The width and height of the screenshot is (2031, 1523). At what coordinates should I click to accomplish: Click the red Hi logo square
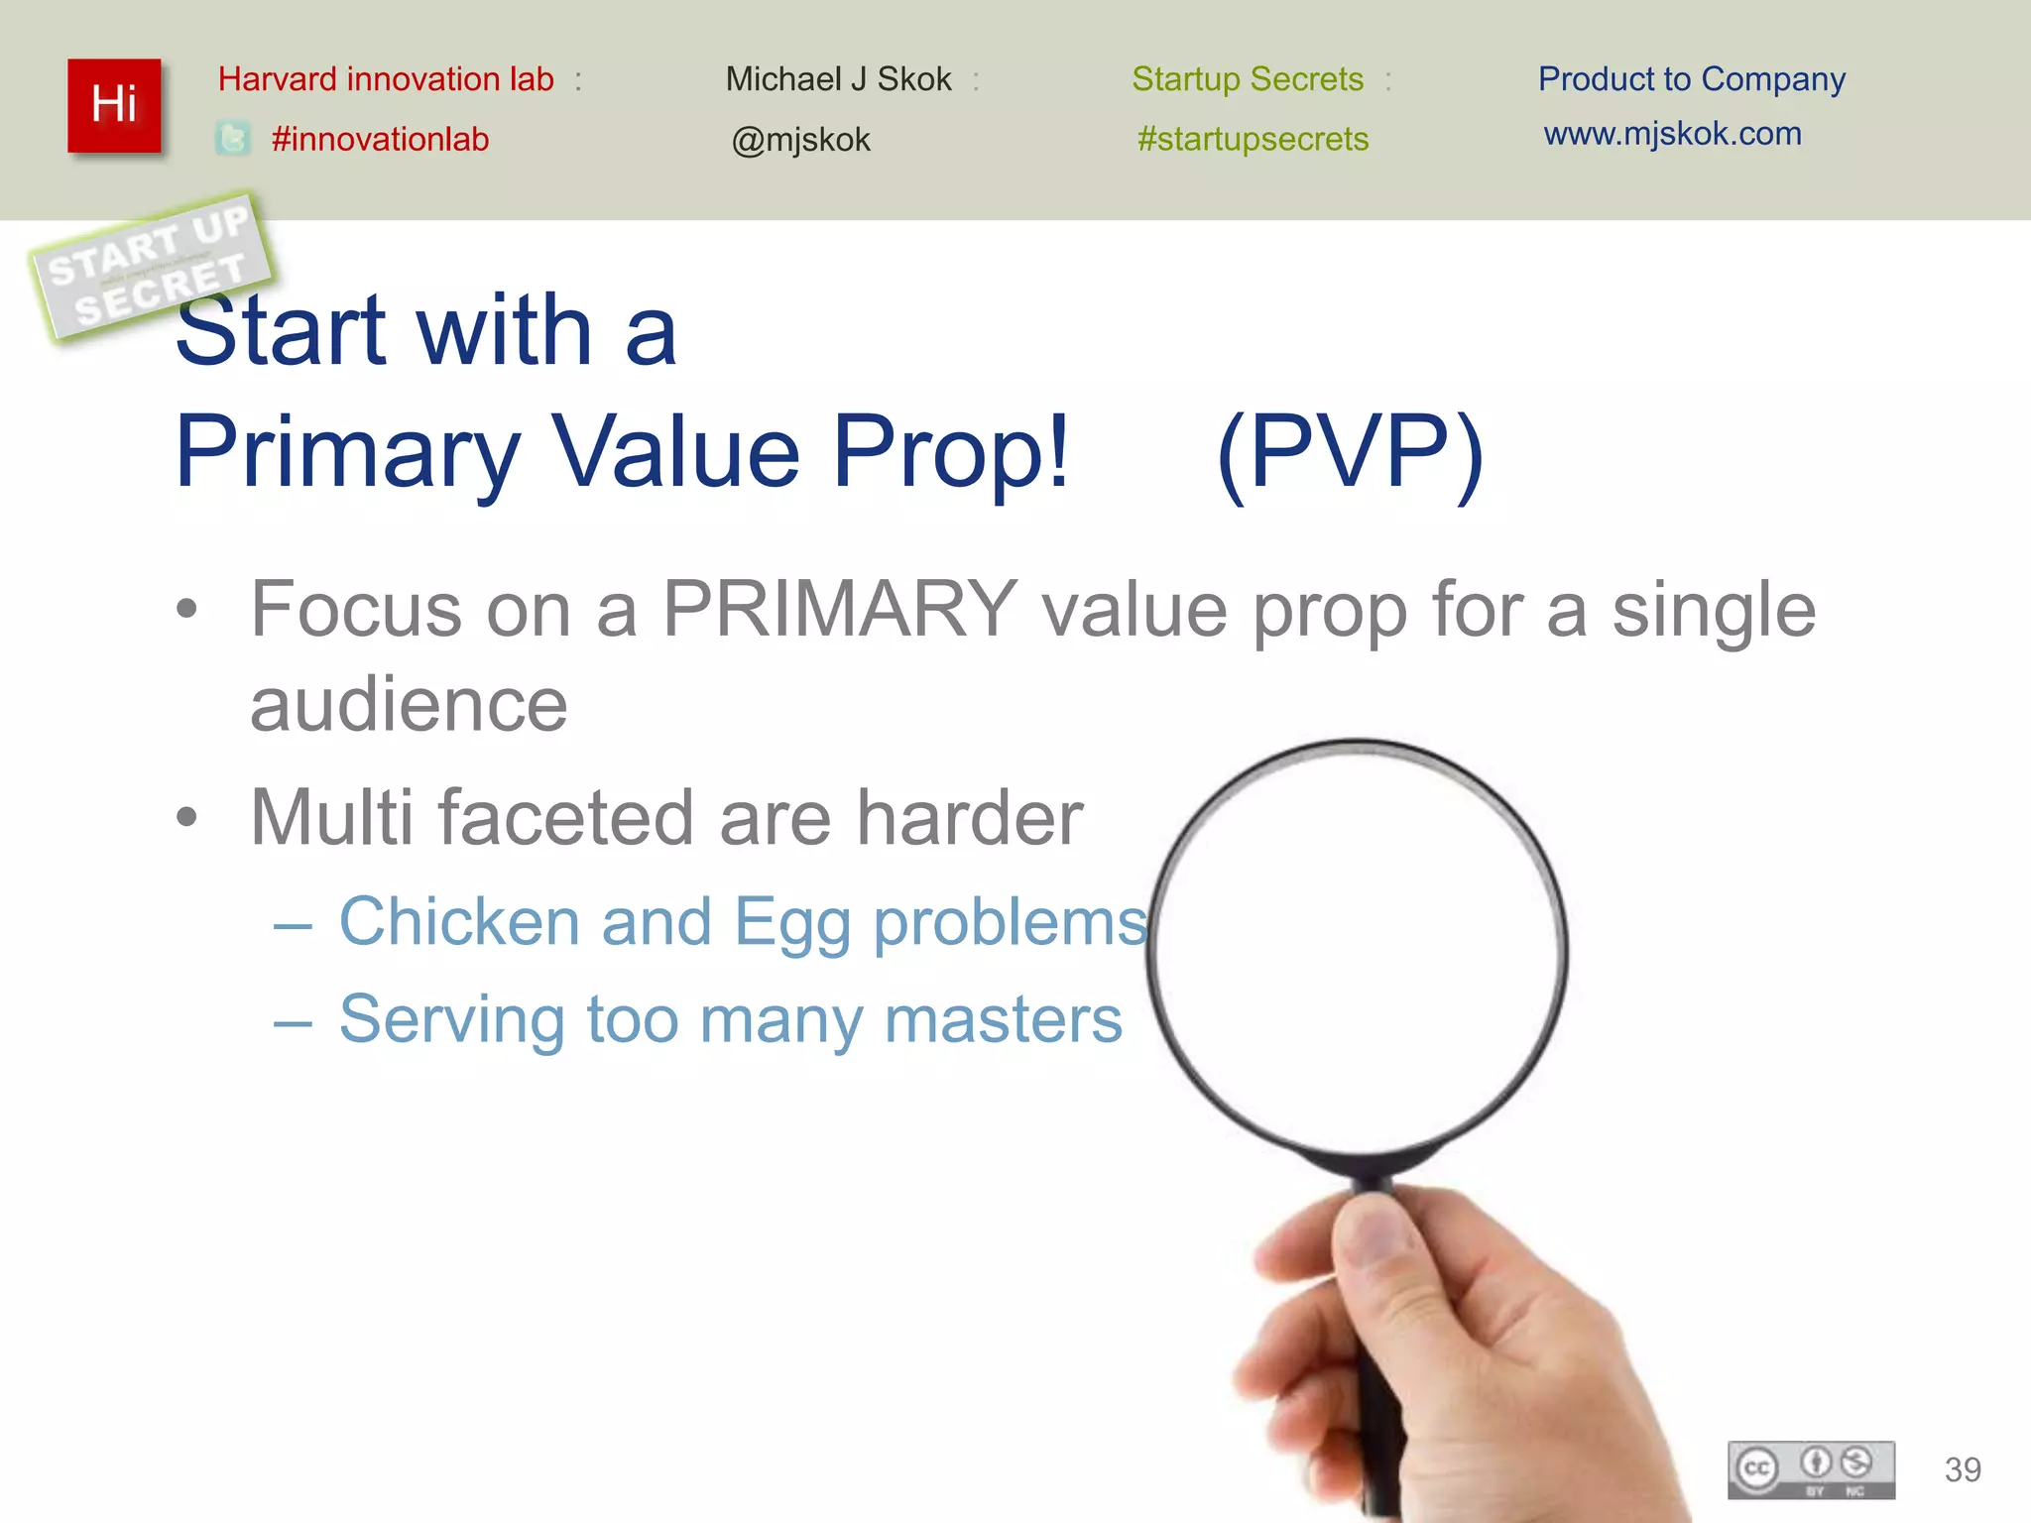click(x=114, y=105)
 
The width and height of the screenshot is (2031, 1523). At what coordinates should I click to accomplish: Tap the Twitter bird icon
click(x=233, y=139)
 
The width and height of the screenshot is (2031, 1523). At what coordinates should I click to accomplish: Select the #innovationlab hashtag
click(x=380, y=139)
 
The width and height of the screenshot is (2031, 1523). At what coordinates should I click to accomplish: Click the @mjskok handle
click(x=800, y=140)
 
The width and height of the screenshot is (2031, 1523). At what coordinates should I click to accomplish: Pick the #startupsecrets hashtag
click(x=1253, y=139)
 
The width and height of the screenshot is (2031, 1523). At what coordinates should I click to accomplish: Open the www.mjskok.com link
click(x=1672, y=134)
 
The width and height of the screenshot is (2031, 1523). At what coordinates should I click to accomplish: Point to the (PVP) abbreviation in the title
click(x=1349, y=453)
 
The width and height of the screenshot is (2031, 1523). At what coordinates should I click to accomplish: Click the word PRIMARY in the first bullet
click(x=839, y=608)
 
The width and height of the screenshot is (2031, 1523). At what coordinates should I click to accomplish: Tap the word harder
click(x=969, y=818)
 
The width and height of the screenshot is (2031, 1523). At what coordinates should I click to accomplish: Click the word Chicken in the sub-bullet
click(x=459, y=921)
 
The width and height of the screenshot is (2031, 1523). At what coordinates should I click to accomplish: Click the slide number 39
click(x=1963, y=1469)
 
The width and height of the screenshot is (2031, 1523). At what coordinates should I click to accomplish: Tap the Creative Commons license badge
click(x=1811, y=1469)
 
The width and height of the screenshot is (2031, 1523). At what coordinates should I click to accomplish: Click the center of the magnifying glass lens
click(x=1359, y=947)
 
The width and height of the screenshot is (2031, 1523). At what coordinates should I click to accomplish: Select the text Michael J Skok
click(x=838, y=79)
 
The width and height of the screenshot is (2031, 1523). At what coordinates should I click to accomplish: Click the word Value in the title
click(x=676, y=453)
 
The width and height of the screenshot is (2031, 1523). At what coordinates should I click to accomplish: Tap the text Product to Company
click(x=1691, y=79)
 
